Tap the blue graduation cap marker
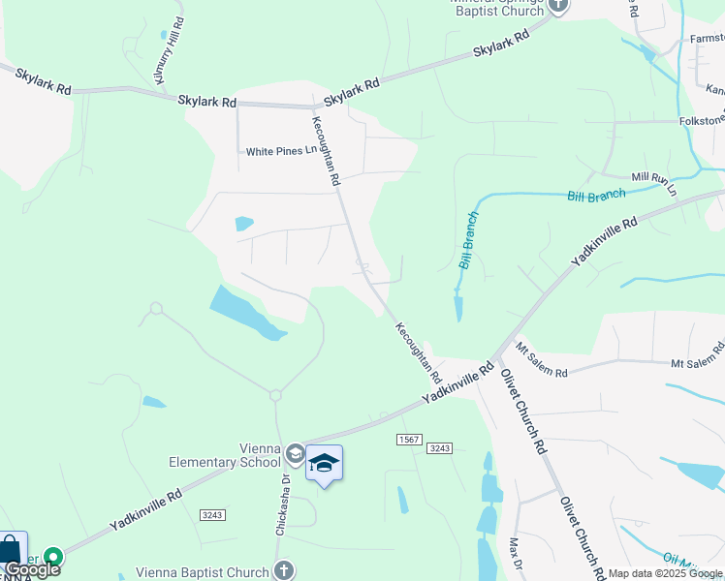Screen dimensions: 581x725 [324, 465]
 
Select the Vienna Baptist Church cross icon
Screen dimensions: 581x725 [284, 571]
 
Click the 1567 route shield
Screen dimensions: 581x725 [409, 440]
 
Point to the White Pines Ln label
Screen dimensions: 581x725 [281, 151]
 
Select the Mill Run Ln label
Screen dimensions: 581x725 [653, 183]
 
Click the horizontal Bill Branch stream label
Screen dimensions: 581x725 [596, 195]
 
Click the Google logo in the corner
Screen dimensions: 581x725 [32, 568]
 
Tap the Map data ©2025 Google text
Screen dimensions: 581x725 [666, 573]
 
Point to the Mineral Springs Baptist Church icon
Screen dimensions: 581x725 [558, 5]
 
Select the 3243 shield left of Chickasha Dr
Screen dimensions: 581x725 [213, 514]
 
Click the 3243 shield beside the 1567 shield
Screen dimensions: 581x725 [440, 447]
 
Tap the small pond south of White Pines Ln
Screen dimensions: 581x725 [243, 224]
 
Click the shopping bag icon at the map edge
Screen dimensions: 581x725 [12, 549]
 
